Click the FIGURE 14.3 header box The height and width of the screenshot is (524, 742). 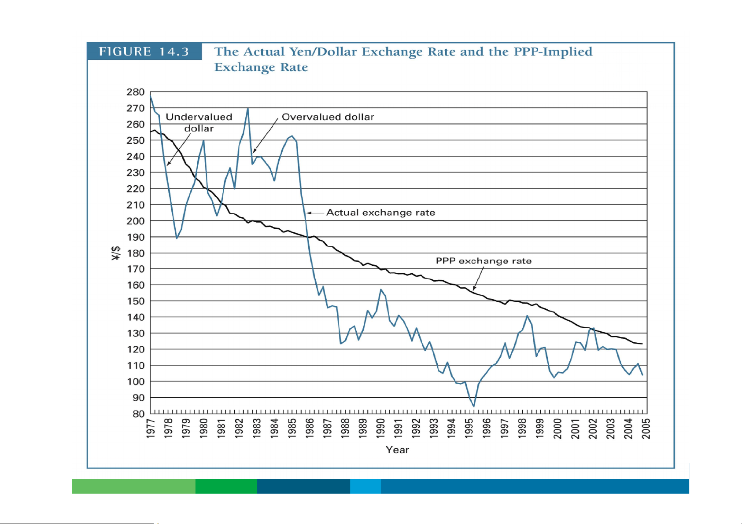pyautogui.click(x=144, y=51)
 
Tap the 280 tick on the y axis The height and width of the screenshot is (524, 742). pyautogui.click(x=136, y=92)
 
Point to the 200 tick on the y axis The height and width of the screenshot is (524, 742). pyautogui.click(x=136, y=221)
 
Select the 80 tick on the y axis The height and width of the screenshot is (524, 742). pyautogui.click(x=138, y=414)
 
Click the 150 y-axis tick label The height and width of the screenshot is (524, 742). pyautogui.click(x=136, y=301)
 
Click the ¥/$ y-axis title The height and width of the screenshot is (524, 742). pyautogui.click(x=116, y=253)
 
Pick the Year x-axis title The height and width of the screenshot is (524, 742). pyautogui.click(x=397, y=450)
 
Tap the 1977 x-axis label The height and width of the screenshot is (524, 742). pyautogui.click(x=151, y=428)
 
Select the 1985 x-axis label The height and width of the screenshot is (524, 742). pyautogui.click(x=292, y=428)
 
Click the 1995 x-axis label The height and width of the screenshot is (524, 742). pyautogui.click(x=469, y=428)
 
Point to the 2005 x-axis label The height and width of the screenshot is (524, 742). pyautogui.click(x=646, y=428)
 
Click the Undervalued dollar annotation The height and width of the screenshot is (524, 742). pyautogui.click(x=199, y=122)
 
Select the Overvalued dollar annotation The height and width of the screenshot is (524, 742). pyautogui.click(x=328, y=117)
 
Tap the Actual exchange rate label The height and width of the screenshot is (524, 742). pyautogui.click(x=380, y=213)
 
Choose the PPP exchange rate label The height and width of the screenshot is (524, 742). pyautogui.click(x=484, y=261)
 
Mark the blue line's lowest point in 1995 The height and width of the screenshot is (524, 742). pyautogui.click(x=474, y=406)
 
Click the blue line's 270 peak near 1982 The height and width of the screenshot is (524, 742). pyautogui.click(x=248, y=108)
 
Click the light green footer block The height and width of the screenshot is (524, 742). pyautogui.click(x=133, y=486)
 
